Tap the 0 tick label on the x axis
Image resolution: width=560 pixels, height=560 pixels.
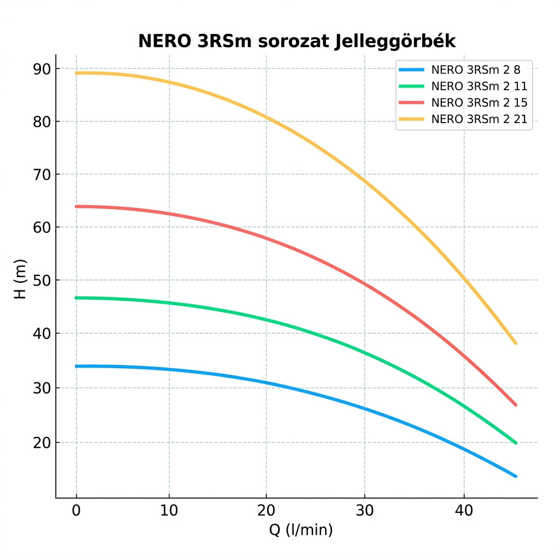pyautogui.click(x=77, y=511)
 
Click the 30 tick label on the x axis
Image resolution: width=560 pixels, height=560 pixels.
pyautogui.click(x=365, y=511)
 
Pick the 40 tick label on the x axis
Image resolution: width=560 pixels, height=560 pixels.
pyautogui.click(x=464, y=511)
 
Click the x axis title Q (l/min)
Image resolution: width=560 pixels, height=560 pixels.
pyautogui.click(x=300, y=530)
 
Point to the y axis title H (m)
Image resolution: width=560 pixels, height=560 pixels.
pyautogui.click(x=20, y=279)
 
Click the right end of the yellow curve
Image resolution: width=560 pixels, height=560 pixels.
pyautogui.click(x=515, y=343)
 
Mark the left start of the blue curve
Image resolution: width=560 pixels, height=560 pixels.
pyautogui.click(x=77, y=366)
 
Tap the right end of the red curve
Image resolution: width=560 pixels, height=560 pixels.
pyautogui.click(x=515, y=405)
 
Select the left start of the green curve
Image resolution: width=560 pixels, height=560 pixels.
pyautogui.click(x=77, y=298)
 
